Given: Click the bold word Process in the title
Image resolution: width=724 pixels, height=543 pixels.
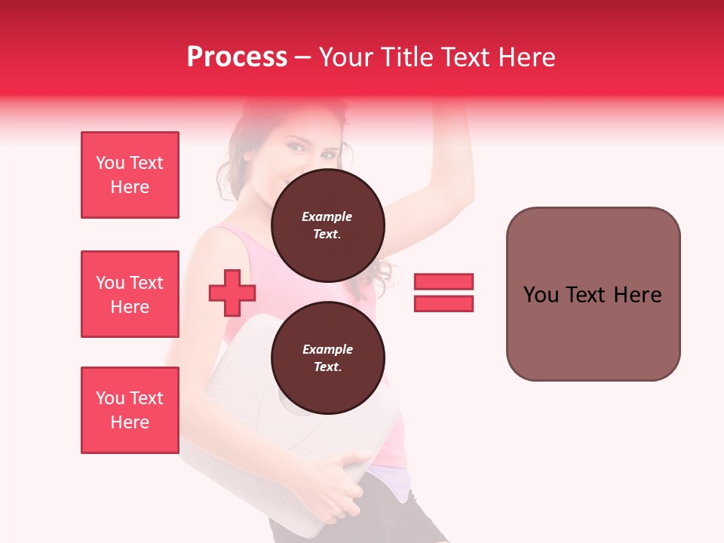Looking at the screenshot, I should point(237,57).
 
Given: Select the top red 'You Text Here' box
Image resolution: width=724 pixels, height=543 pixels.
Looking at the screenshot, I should point(130,175).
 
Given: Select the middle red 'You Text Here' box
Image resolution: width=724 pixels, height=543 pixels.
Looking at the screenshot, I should point(130,294).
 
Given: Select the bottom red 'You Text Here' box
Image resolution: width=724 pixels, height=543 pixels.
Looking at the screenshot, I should point(130,410).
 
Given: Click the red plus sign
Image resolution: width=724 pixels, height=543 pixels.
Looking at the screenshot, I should point(232,293).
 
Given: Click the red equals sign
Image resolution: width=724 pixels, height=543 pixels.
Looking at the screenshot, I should point(443,293).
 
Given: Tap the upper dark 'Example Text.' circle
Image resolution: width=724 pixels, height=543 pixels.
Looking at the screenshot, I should point(327,225).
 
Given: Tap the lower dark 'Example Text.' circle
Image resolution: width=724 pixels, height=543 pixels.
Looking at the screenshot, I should point(327,358).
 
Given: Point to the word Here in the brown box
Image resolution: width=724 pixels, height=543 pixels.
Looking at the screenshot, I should point(637,295).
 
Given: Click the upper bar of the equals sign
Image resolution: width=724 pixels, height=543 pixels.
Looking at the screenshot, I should point(443,282).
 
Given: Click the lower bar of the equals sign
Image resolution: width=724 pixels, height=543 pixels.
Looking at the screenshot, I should point(443,303).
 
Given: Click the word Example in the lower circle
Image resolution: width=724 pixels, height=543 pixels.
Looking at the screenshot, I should point(327,349).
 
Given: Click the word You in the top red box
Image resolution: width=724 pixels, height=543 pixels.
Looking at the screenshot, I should point(110,163).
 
